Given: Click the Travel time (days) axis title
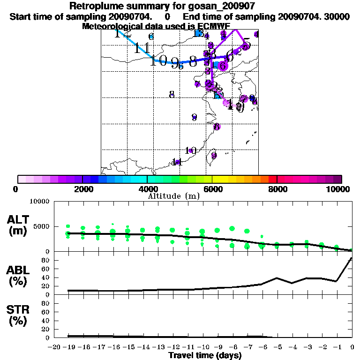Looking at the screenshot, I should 205,355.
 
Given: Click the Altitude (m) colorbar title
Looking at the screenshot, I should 173,195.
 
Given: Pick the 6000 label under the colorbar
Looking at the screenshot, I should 212,189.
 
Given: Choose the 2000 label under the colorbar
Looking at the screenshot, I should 82,189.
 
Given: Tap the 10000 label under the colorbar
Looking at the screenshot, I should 338,189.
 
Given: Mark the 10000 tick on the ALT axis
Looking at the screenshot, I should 40,202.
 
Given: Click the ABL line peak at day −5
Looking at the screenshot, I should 277,277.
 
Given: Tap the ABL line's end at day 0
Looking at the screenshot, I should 352,258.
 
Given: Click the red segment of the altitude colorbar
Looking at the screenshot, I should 272,179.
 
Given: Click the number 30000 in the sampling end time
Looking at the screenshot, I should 337,16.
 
